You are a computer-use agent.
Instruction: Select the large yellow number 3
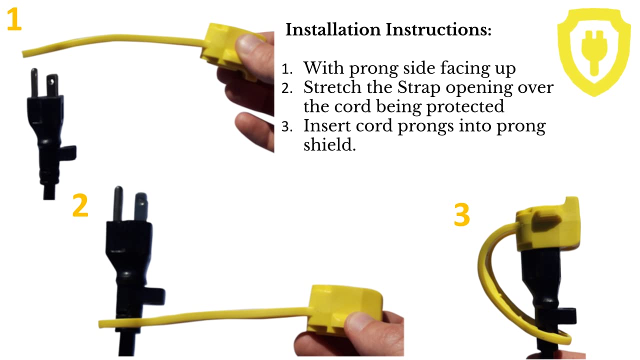(462, 214)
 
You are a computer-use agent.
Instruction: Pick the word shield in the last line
(330, 145)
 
